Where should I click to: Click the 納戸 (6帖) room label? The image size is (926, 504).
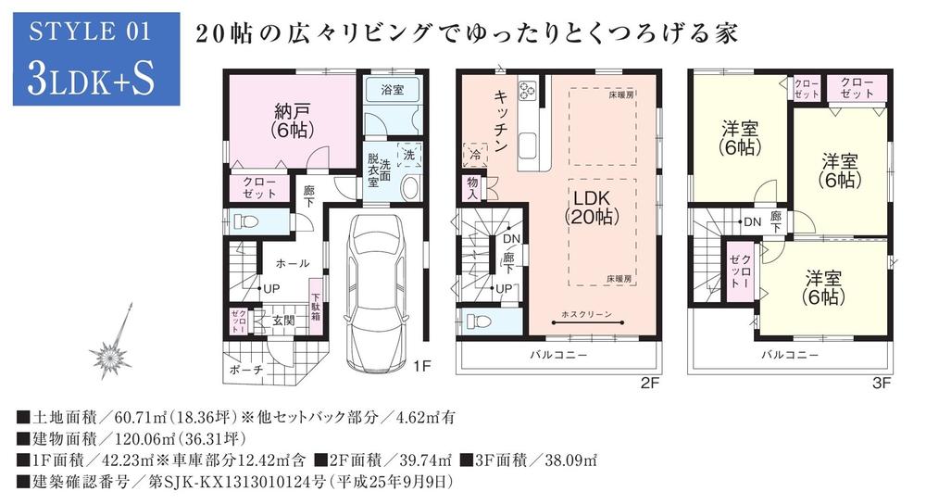[291, 120]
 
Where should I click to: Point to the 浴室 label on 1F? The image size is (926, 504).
[392, 91]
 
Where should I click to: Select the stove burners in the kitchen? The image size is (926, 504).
[529, 91]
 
